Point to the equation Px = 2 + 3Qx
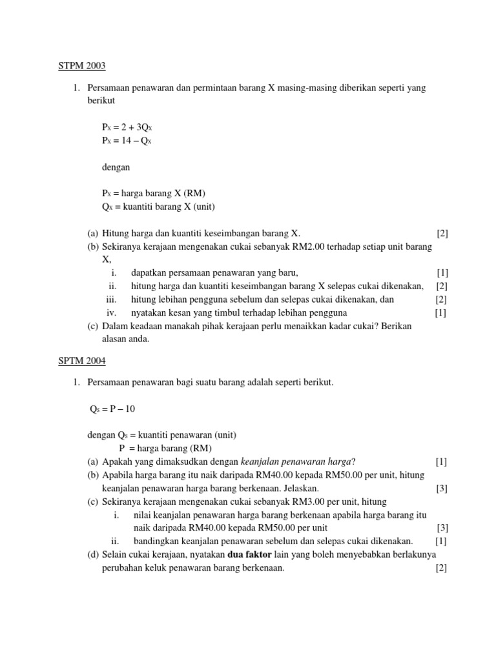click(127, 128)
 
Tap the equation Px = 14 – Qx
click(127, 140)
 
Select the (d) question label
click(93, 555)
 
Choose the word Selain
click(115, 555)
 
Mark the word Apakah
click(117, 462)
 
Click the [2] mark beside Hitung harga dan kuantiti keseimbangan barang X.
click(442, 233)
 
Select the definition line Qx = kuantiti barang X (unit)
click(158, 207)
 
